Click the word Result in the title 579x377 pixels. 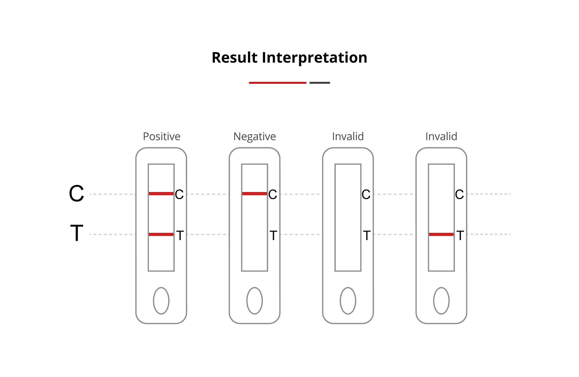235,57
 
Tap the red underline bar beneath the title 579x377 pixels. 277,83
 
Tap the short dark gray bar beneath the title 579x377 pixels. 320,83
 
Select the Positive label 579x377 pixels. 162,136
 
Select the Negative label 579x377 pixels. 254,137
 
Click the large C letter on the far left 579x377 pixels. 76,194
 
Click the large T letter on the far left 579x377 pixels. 77,233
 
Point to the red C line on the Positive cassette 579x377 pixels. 161,194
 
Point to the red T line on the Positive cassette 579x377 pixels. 161,234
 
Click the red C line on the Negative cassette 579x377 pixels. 254,194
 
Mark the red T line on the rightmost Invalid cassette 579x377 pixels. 441,234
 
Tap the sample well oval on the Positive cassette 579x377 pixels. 161,301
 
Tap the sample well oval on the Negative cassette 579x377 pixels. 254,301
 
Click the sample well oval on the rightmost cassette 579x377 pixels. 441,301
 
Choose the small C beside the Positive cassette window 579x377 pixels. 179,194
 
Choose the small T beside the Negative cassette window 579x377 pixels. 273,235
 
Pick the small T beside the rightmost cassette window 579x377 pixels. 460,235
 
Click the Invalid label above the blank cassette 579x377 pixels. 348,136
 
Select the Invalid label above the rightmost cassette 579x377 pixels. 441,136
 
